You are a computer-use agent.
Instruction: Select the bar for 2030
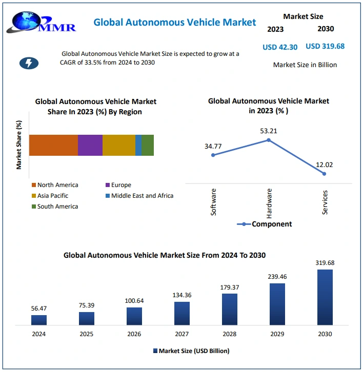tap(325, 297)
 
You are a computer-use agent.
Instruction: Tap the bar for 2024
tap(38, 320)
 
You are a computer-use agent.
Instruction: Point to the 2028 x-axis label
tap(229, 334)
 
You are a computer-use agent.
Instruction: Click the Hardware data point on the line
tap(269, 139)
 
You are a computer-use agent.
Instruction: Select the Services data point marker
tap(324, 174)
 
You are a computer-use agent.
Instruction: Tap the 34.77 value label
tap(213, 146)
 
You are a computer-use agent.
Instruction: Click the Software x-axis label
tap(214, 202)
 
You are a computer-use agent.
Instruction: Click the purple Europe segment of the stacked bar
tap(90, 145)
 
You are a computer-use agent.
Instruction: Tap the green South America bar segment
tap(148, 145)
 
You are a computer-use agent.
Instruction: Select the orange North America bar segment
tap(53, 145)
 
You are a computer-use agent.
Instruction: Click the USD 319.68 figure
tap(325, 46)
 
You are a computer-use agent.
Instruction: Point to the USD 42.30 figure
tap(280, 47)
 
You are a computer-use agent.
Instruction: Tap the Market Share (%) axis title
tap(19, 145)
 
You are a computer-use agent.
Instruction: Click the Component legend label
tap(271, 224)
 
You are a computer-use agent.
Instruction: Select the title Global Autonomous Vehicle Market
tap(174, 22)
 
